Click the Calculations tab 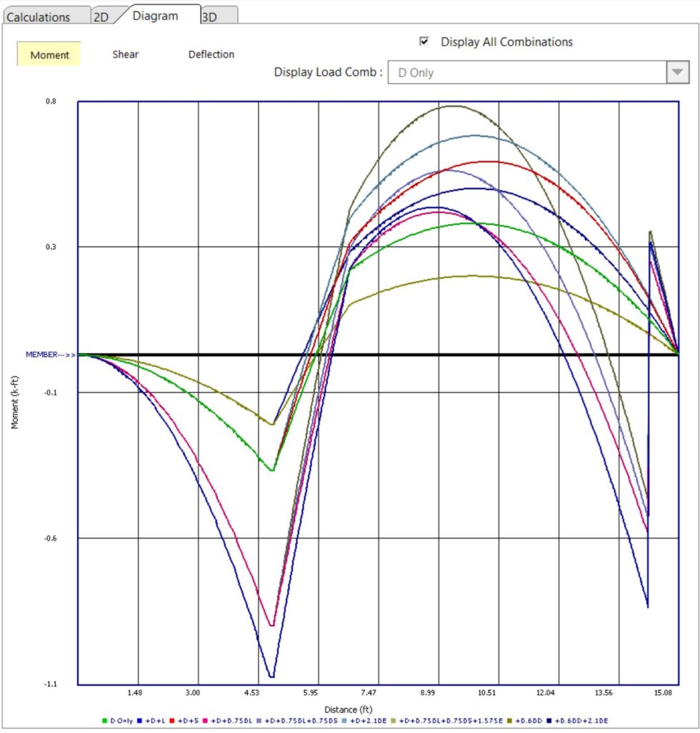pyautogui.click(x=39, y=16)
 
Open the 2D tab pyautogui.click(x=101, y=16)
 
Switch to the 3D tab pyautogui.click(x=209, y=16)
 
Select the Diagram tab pyautogui.click(x=156, y=15)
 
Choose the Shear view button pyautogui.click(x=125, y=54)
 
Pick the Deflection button pyautogui.click(x=211, y=54)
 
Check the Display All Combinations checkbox pyautogui.click(x=424, y=41)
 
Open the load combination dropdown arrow pyautogui.click(x=676, y=72)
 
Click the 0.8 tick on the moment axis pyautogui.click(x=51, y=102)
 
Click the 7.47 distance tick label pyautogui.click(x=369, y=693)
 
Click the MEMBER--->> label pyautogui.click(x=50, y=355)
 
